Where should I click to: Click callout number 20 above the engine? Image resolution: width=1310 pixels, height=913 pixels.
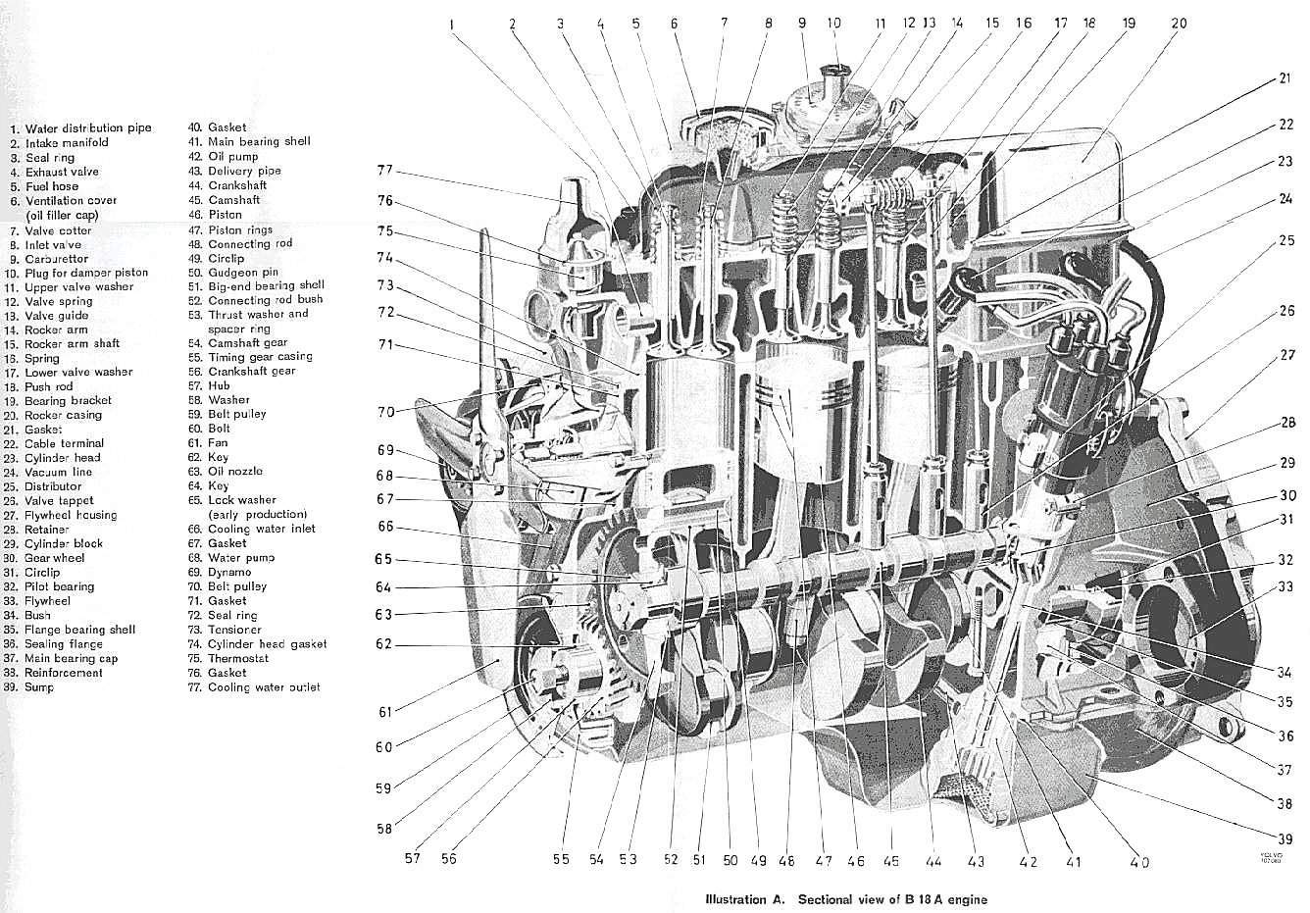coord(1178,23)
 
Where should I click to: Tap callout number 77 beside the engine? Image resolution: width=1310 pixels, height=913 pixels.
coord(384,170)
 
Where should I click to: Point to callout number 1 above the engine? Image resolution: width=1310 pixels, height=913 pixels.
coord(452,25)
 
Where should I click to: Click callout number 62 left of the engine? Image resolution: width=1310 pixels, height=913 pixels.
coord(383,644)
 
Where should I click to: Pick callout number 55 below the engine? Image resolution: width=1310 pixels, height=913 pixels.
coord(560,860)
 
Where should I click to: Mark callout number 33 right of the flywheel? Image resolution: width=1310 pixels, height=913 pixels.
coord(1285,585)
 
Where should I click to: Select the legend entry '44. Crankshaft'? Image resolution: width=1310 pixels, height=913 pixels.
coord(235,185)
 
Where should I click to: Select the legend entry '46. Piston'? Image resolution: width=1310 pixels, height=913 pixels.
coord(225,214)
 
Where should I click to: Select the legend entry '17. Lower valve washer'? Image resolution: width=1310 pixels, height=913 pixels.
coord(77,372)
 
